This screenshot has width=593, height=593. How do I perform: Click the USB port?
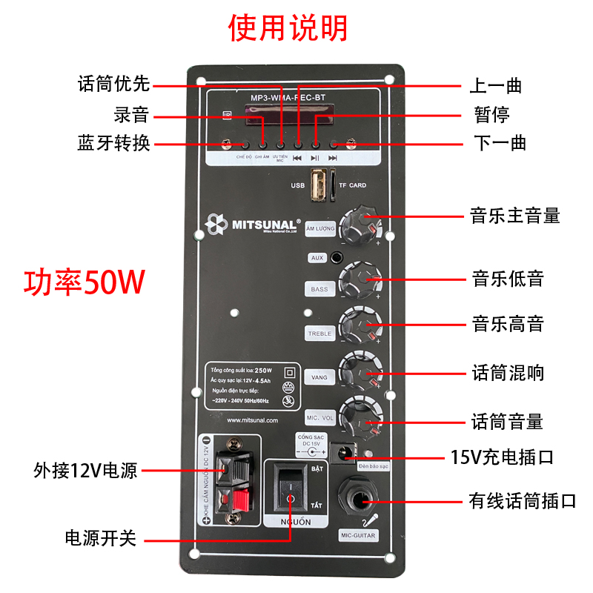[x=319, y=185]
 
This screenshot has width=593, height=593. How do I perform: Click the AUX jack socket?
[x=337, y=257]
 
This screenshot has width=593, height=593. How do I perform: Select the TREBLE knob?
[x=360, y=325]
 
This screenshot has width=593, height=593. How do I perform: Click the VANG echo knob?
[x=360, y=370]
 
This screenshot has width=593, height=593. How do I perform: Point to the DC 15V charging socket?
[x=344, y=452]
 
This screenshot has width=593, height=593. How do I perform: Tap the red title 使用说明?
[x=288, y=29]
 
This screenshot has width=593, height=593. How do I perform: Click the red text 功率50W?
[x=84, y=283]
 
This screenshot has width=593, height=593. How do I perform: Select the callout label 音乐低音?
[x=508, y=279]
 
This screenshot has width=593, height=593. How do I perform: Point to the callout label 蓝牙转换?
[x=113, y=142]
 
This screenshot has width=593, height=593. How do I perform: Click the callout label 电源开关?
[x=101, y=538]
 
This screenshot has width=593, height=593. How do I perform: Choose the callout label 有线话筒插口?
[x=523, y=500]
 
